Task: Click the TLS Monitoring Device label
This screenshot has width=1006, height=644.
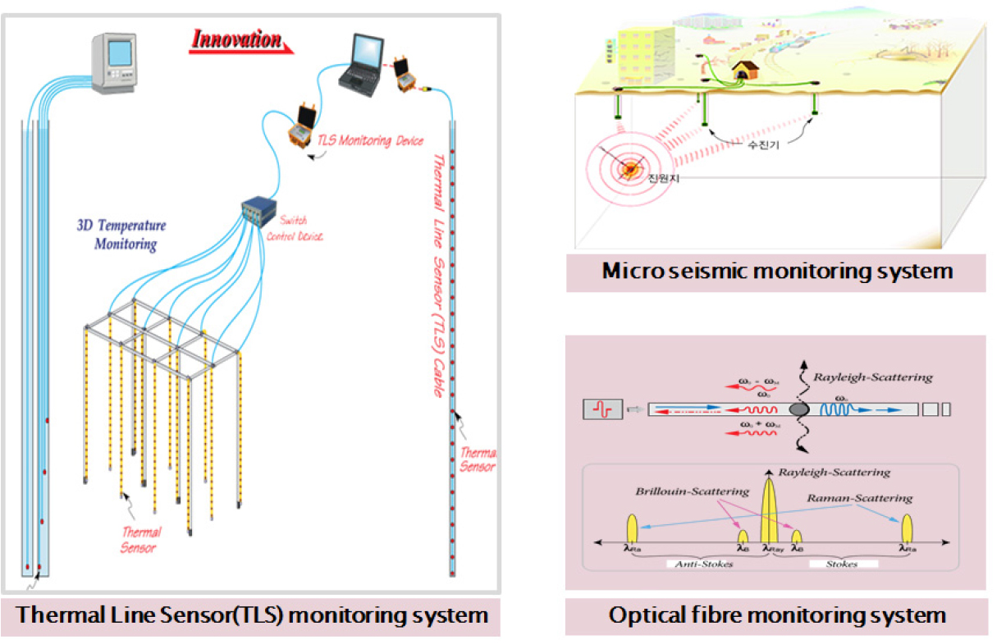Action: pyautogui.click(x=370, y=140)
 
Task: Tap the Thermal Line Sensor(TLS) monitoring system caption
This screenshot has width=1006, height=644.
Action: pyautogui.click(x=253, y=615)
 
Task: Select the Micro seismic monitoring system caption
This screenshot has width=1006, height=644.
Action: pyautogui.click(x=776, y=271)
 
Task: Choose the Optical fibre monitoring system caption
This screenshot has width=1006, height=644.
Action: pyautogui.click(x=776, y=615)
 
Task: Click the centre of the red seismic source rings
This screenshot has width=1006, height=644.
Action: pyautogui.click(x=630, y=169)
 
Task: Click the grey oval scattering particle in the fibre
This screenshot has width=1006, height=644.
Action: pyautogui.click(x=798, y=408)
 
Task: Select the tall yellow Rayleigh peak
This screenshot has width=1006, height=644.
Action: pyautogui.click(x=770, y=508)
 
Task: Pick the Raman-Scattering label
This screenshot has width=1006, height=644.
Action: pyautogui.click(x=858, y=498)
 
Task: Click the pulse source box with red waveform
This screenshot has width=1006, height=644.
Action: pyautogui.click(x=603, y=407)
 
